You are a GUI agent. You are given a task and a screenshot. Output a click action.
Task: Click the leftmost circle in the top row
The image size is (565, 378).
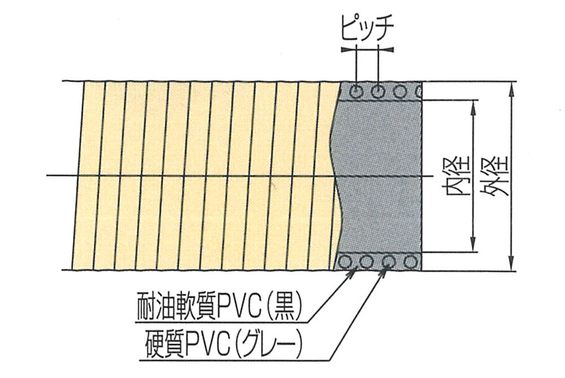(x=357, y=91)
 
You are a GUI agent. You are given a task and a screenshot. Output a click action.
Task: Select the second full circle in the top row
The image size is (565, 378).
(x=378, y=91)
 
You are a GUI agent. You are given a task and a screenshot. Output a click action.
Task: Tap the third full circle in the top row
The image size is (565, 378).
(x=399, y=91)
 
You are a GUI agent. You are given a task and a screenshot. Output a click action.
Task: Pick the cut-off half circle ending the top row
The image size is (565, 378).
(x=419, y=91)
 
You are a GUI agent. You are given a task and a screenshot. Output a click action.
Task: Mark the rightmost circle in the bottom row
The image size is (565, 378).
(x=411, y=262)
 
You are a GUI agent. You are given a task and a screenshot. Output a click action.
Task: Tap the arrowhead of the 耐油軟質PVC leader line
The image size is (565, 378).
(x=354, y=271)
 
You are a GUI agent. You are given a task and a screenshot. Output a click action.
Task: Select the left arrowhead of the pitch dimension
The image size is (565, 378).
(x=346, y=50)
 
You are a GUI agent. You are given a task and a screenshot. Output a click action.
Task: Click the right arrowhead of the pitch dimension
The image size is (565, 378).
(x=389, y=50)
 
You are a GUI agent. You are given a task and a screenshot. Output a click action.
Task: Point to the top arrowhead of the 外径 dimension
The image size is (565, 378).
(x=512, y=86)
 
